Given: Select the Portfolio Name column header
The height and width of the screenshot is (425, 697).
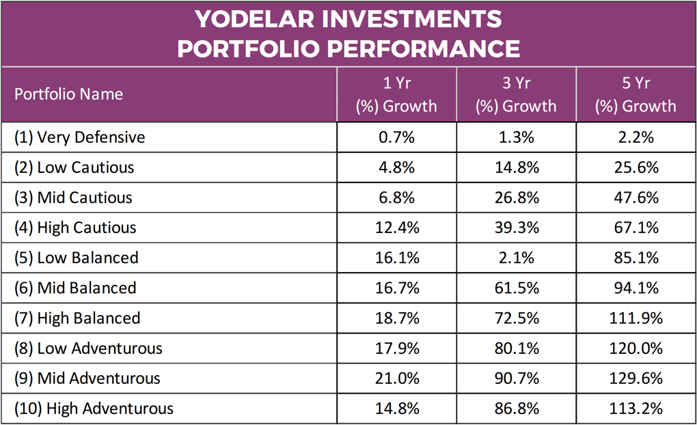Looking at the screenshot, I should pos(68,94).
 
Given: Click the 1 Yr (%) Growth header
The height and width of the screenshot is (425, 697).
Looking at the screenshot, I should pos(396,94).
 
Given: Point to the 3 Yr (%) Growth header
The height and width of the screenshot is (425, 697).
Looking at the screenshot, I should pos(516,94).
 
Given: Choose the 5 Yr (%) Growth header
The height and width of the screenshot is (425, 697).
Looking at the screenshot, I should pos(635,94).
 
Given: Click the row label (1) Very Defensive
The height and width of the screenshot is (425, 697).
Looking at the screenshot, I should pos(80,137).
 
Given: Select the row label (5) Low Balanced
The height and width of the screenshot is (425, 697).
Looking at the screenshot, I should pos(77,258).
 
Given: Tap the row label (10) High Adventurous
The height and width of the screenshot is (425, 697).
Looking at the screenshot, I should pos(94,409).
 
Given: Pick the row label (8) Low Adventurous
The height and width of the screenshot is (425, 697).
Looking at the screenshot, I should pos(88,348).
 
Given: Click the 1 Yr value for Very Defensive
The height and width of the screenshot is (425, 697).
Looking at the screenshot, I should pos(396,137).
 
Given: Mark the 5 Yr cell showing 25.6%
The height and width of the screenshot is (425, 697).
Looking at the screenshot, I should pos(635,167).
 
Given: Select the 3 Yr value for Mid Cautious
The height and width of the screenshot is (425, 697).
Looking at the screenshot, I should pos(516,197).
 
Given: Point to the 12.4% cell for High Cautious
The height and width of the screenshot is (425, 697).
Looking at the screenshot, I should pos(396,228).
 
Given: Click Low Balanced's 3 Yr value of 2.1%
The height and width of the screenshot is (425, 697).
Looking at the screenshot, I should pos(516,258).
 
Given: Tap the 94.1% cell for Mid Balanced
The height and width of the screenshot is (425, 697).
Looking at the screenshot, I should pos(635,288).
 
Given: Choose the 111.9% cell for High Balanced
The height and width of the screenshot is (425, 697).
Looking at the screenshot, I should pos(635,318).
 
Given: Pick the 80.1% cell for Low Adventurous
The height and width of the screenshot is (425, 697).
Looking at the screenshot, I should pos(516,348).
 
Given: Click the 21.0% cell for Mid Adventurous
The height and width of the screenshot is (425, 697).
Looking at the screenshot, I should pos(396,379).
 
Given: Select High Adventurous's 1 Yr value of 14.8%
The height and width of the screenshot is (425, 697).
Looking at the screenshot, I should pos(396,409).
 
